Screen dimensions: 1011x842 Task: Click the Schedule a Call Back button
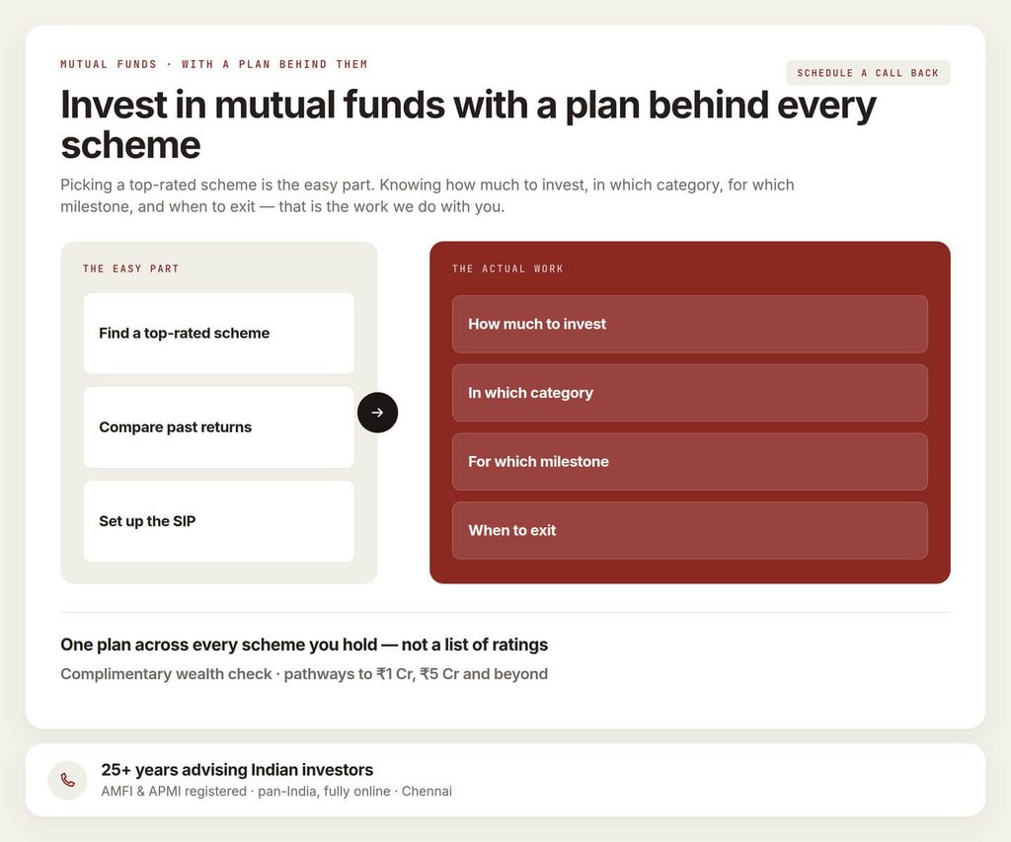(x=868, y=73)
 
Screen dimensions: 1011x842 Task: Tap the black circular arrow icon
(x=377, y=413)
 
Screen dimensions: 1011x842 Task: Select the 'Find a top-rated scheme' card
(x=218, y=334)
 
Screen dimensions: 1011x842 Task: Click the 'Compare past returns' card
(x=218, y=427)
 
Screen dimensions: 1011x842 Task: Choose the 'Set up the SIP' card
(x=218, y=521)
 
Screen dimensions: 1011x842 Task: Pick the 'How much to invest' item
(x=690, y=325)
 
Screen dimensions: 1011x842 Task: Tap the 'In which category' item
(x=690, y=393)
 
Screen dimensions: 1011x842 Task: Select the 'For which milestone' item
(x=690, y=462)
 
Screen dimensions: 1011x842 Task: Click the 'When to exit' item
(x=690, y=531)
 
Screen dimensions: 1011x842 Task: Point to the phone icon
(x=68, y=780)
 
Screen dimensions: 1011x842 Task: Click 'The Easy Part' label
(x=131, y=268)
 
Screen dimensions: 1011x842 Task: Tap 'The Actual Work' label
(x=507, y=268)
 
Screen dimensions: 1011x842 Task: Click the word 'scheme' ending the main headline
(x=131, y=145)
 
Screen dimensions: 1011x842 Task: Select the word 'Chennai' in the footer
(x=427, y=791)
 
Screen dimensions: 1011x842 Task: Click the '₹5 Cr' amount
(x=439, y=674)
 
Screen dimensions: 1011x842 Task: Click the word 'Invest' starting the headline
(x=115, y=105)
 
